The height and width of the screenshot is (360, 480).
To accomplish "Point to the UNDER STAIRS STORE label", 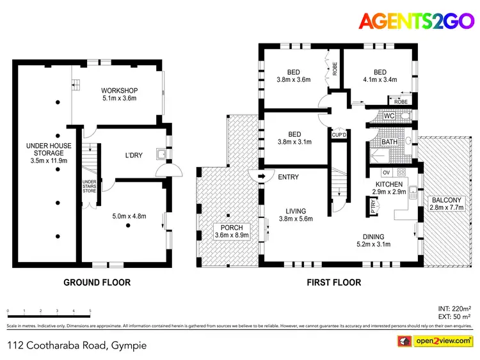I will coord(89,185).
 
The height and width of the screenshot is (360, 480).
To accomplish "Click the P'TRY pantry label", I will coord(374,206).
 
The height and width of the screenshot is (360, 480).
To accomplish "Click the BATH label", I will coord(390,142).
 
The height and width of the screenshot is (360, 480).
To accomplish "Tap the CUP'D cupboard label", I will coord(339,135).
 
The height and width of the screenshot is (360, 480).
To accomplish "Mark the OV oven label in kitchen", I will coord(385,172).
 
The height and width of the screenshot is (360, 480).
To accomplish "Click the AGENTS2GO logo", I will coord(415,20).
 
